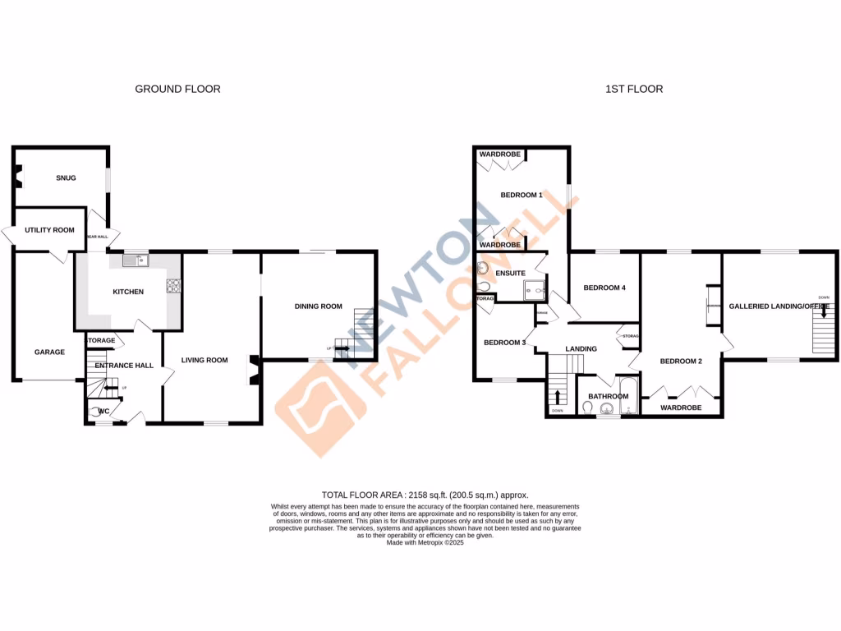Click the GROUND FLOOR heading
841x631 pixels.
(177, 89)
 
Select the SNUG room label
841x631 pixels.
(66, 177)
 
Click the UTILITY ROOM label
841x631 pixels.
(49, 230)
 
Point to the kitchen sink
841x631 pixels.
(133, 260)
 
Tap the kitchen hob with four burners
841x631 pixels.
(174, 286)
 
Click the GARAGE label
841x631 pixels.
(49, 352)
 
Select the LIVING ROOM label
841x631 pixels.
(205, 360)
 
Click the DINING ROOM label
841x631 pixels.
(319, 306)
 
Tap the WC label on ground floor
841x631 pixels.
(104, 411)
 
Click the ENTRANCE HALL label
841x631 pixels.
(124, 366)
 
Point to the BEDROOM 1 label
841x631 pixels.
(522, 195)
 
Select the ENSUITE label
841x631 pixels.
(510, 272)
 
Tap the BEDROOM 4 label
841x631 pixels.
(604, 288)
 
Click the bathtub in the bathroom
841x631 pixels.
(628, 396)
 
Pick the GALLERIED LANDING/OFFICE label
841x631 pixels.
(779, 306)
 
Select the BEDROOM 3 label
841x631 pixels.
(504, 343)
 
